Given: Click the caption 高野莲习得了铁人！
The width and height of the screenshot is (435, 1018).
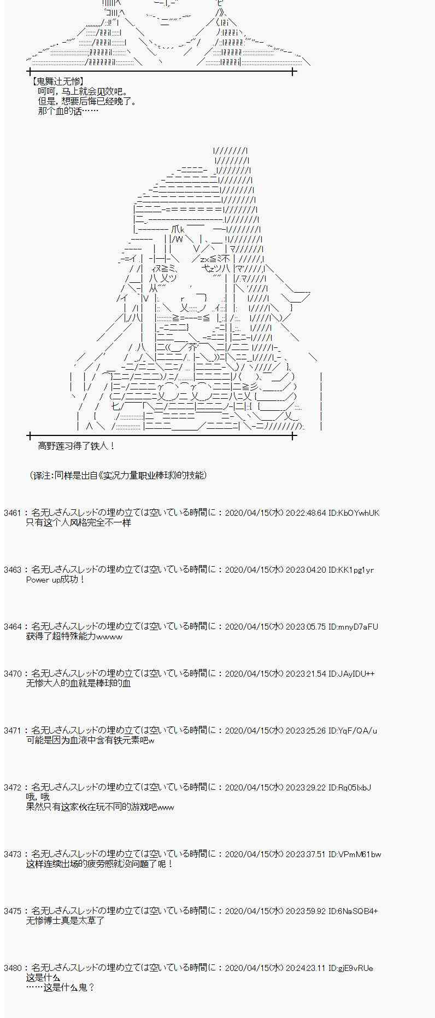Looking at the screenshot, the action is tap(77, 446).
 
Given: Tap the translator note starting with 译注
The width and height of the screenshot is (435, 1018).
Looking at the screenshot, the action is tap(118, 475).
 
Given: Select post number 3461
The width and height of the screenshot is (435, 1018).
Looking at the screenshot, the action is tap(12, 513).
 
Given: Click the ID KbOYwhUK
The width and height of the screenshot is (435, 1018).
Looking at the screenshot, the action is tap(359, 513).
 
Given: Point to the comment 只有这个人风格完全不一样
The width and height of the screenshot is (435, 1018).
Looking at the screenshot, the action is tap(79, 522).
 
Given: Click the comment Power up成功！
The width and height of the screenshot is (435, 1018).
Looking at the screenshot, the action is tap(56, 579).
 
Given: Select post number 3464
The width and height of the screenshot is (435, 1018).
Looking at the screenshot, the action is tap(12, 627).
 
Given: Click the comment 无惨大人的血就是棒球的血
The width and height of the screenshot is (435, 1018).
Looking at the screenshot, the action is tap(79, 683).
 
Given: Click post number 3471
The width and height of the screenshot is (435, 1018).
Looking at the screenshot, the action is tap(12, 731).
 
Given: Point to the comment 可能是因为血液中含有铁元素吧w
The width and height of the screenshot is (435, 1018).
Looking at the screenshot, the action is tap(90, 740).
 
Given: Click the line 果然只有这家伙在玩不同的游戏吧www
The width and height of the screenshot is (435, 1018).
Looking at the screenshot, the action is tap(100, 807).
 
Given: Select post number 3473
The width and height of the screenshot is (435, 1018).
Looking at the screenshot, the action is tap(12, 854).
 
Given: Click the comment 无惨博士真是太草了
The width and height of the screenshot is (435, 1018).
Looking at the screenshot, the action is tap(65, 921).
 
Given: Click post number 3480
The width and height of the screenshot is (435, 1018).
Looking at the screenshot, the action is tap(12, 968).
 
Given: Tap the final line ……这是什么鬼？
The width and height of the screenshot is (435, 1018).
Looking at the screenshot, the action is tap(60, 987).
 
